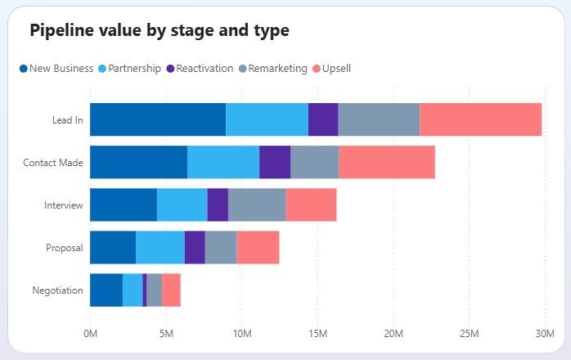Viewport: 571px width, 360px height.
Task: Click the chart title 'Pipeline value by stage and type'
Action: tap(159, 31)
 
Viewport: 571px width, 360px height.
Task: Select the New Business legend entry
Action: tap(56, 69)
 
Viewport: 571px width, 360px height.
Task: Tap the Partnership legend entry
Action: tap(129, 69)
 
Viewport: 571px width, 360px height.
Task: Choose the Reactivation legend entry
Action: tap(200, 69)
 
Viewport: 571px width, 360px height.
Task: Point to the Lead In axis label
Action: tap(67, 119)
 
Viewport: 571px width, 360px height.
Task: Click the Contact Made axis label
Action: tap(53, 162)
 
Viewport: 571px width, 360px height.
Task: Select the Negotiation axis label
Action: tap(57, 290)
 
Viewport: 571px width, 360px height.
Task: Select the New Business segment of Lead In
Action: tap(157, 119)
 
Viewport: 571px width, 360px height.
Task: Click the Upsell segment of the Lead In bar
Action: tap(480, 119)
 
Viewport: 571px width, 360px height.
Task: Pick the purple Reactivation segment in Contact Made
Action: tap(274, 162)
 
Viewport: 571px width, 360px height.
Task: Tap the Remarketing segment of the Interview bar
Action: tap(256, 205)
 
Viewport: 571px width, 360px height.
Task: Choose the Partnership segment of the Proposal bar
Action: tap(160, 247)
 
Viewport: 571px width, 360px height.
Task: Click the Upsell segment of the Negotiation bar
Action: tap(171, 290)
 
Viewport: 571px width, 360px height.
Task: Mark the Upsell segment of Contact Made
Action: tap(386, 162)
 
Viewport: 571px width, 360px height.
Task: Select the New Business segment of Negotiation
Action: tap(106, 290)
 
